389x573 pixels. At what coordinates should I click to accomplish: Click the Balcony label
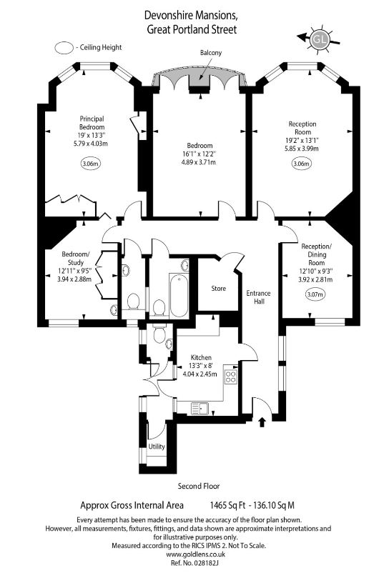tap(211, 53)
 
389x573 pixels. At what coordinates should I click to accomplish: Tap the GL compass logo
tap(320, 39)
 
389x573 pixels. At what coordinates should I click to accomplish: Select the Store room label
tap(219, 289)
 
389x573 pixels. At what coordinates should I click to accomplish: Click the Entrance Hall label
tap(258, 297)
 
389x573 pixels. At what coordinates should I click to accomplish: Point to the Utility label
tap(157, 447)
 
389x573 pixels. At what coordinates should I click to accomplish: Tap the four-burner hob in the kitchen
tap(231, 377)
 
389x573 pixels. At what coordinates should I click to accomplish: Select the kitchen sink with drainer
tap(200, 408)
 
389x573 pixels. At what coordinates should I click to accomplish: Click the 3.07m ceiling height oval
tap(315, 294)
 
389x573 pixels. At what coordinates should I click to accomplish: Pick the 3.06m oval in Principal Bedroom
tap(91, 164)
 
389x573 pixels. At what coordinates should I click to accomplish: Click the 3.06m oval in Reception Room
tap(301, 164)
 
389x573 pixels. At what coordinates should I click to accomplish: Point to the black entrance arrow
tap(262, 422)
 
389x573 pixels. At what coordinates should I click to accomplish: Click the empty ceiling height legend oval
tap(64, 48)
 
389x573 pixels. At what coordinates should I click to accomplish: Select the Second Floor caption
tap(199, 486)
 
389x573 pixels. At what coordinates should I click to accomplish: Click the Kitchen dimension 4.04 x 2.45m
tap(200, 374)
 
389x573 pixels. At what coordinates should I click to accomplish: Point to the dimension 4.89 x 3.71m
tap(199, 162)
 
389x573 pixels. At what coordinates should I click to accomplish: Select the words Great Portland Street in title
tap(192, 29)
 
